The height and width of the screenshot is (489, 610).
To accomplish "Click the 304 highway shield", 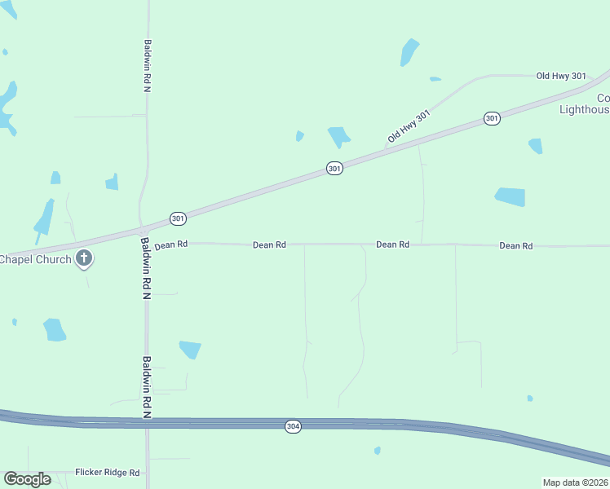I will [x=294, y=426].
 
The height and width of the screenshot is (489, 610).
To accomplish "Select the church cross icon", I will [x=83, y=259].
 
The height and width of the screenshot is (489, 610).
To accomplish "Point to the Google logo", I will [x=27, y=479].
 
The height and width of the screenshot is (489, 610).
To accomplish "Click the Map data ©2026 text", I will [x=576, y=482].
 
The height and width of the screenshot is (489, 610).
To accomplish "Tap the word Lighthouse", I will [x=585, y=109].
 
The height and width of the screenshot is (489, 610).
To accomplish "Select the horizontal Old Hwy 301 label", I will [x=561, y=76].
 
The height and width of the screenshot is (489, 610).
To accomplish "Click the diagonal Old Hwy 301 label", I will [x=408, y=126].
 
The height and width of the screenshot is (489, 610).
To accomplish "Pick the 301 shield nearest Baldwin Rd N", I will [x=179, y=218].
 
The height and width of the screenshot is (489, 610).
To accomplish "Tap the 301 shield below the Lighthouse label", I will [x=491, y=118].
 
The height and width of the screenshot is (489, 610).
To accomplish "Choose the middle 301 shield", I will [x=334, y=168].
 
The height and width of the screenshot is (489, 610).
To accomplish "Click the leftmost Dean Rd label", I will [x=171, y=244].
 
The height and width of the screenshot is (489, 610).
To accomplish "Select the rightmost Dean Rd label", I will [x=515, y=245].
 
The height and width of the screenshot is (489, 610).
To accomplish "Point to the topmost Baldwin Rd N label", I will [x=148, y=65].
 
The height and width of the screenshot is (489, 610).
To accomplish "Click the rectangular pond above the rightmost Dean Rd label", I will [x=510, y=196].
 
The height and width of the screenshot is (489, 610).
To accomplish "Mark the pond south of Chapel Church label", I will [x=55, y=329].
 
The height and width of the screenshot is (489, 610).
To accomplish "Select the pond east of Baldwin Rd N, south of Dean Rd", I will [x=190, y=349].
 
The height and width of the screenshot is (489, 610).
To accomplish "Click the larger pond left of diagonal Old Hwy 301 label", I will [x=338, y=136].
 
